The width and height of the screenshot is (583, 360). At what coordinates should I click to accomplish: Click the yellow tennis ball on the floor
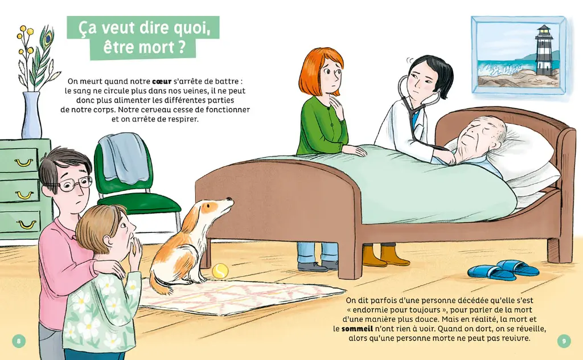220,271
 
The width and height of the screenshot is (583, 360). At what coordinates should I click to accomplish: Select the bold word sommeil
358,329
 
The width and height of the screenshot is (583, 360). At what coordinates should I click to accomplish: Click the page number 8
19,341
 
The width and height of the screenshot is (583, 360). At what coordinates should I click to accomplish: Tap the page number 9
563,341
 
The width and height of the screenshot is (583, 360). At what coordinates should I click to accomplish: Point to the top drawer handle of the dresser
23,163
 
